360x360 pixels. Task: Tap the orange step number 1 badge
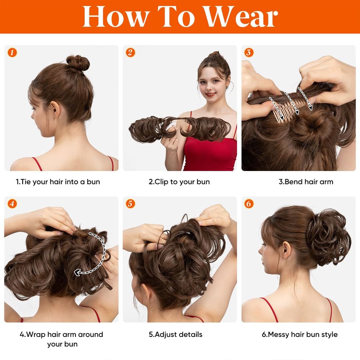point(12,53)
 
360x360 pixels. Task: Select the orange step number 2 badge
point(130,53)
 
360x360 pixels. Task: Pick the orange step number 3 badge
point(249,53)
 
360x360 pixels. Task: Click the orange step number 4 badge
point(12,204)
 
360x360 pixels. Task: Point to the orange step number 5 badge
point(130,204)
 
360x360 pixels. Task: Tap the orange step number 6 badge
point(249,204)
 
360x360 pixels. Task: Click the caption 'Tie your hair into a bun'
point(58,182)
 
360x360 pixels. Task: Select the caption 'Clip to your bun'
point(179,182)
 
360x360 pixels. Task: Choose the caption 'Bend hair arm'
point(306,182)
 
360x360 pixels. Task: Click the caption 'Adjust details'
point(176,334)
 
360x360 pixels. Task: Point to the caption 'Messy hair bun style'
point(300,334)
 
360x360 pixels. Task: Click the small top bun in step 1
point(78,63)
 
